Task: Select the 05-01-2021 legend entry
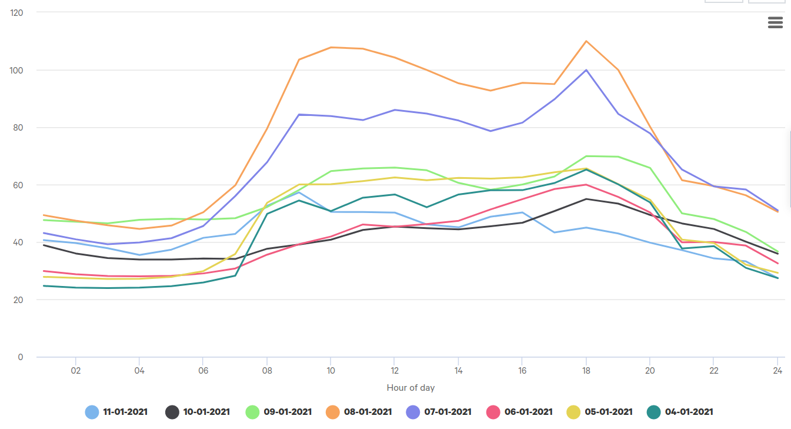608,412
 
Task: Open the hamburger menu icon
775,22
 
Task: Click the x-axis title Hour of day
410,388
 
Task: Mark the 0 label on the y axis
20,357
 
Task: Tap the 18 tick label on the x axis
586,371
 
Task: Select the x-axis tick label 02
75,371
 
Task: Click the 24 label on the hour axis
777,371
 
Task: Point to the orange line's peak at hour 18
586,41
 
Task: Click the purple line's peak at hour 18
586,70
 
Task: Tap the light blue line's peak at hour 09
299,192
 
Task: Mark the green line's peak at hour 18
586,156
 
